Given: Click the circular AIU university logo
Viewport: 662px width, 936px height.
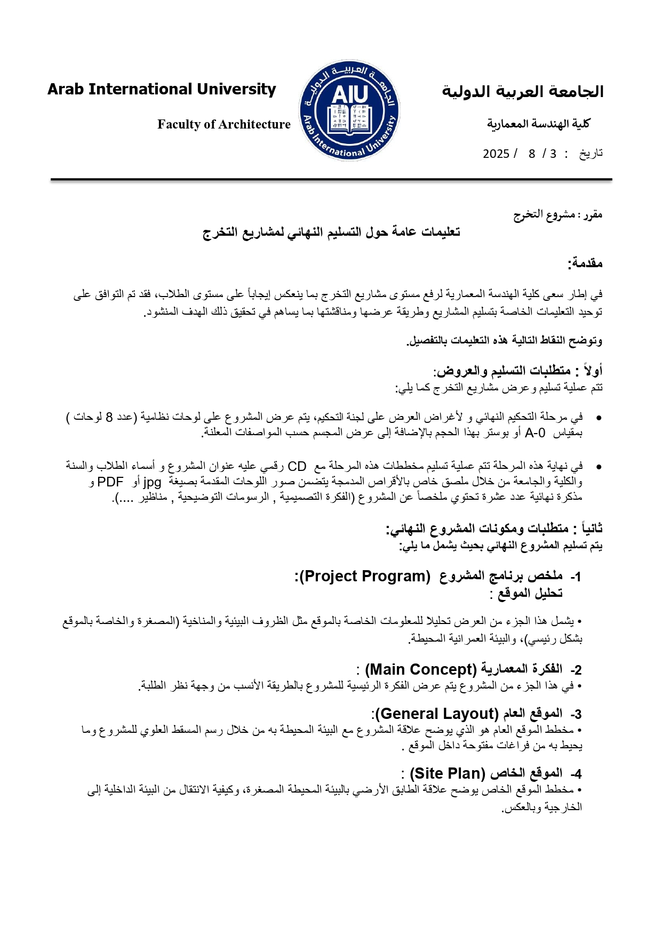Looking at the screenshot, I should tap(349, 110).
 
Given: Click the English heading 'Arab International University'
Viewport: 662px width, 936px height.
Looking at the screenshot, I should tap(162, 89).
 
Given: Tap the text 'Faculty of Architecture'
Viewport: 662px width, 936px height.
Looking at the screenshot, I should tap(224, 124).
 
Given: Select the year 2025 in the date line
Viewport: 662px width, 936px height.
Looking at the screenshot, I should tap(496, 154).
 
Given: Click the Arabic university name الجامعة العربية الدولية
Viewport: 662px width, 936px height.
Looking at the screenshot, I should tap(522, 92).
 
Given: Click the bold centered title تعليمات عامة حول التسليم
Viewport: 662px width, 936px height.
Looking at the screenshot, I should tap(331, 232).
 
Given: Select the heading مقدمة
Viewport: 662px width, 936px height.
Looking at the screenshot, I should tap(585, 263).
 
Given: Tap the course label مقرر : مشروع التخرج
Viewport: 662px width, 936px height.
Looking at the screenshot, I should tap(557, 214).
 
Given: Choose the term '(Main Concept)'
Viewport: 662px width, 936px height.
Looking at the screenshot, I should tap(421, 669).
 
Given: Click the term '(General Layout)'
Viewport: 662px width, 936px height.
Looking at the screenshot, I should tap(436, 714).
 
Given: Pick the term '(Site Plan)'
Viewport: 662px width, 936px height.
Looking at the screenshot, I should tap(448, 773).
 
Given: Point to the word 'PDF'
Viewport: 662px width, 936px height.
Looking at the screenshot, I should tap(110, 482).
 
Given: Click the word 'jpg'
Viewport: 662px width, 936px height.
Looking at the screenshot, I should tap(152, 482).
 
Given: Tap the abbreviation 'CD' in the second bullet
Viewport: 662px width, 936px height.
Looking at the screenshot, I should tap(297, 467).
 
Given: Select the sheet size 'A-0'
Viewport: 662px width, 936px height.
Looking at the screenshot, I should tap(535, 433).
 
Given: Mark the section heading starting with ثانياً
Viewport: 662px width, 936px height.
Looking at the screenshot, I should tap(494, 529).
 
